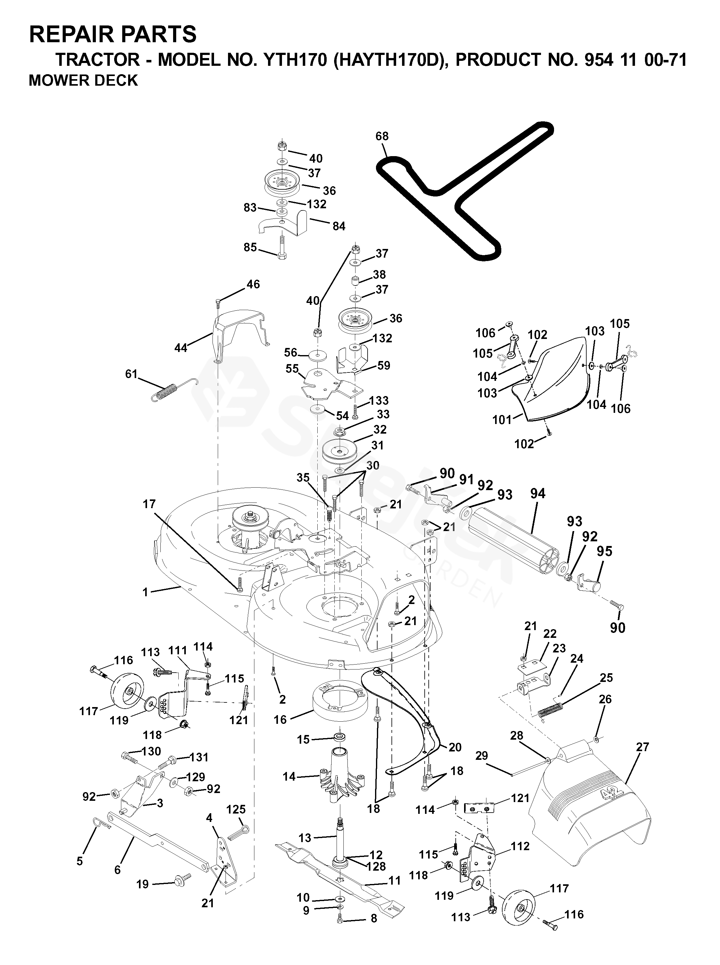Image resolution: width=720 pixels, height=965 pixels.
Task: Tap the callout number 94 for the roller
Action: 538,494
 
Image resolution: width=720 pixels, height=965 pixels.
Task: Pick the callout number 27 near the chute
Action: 643,747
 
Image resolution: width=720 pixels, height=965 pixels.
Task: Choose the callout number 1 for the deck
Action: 145,592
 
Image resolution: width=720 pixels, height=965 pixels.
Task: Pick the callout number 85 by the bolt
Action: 250,247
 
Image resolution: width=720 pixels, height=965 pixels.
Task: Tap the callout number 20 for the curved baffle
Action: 455,747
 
